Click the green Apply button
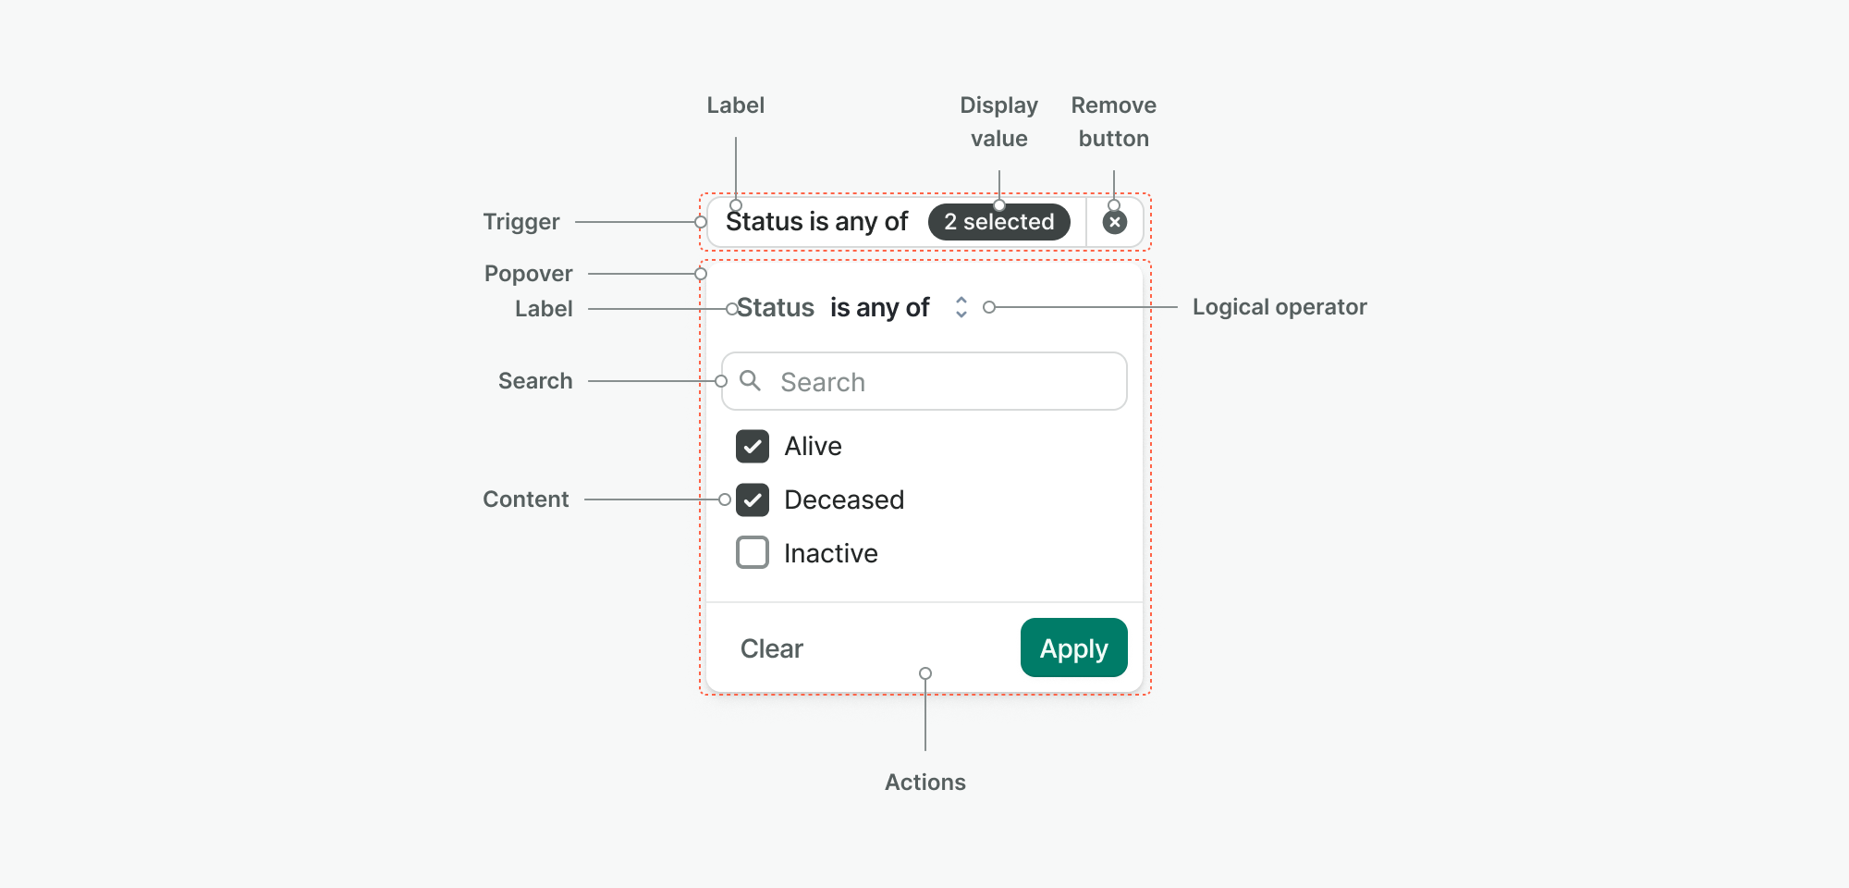click(1073, 647)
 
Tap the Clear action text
click(772, 648)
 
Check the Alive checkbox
click(753, 446)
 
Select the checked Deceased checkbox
click(753, 499)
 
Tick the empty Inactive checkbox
click(753, 552)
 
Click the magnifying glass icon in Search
click(750, 380)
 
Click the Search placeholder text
click(823, 382)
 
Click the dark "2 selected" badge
click(998, 222)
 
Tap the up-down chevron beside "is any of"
click(961, 307)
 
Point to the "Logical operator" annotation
click(1280, 307)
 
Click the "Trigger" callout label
click(521, 222)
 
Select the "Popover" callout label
click(529, 274)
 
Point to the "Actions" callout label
click(925, 783)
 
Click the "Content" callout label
click(526, 499)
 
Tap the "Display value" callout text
click(999, 122)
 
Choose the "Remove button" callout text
click(1114, 122)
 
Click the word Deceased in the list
click(844, 499)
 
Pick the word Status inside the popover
click(776, 307)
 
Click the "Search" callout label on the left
click(535, 381)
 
